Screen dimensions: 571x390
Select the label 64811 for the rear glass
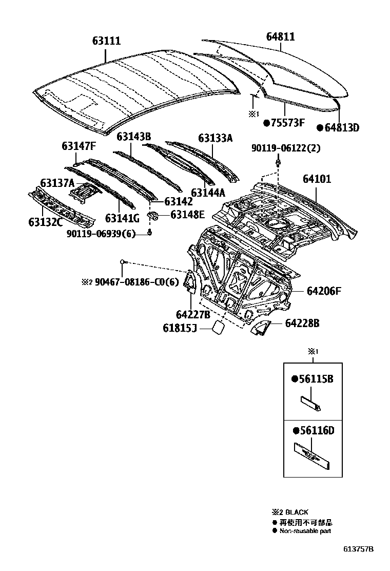[280, 37]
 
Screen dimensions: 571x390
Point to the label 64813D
[341, 128]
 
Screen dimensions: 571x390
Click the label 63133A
[216, 138]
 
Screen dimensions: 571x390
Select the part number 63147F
[79, 146]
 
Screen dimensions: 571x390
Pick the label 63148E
[187, 215]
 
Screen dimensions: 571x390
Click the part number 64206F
[324, 291]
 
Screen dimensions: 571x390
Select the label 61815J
[180, 328]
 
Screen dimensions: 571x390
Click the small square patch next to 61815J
[218, 328]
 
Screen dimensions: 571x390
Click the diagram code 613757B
[359, 549]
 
